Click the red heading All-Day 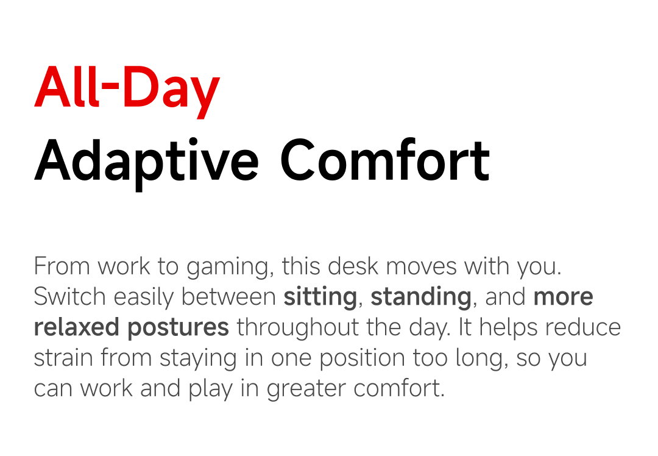point(127,90)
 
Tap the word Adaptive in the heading point(146,163)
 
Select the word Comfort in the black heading point(385,160)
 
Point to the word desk point(353,266)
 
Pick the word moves point(421,267)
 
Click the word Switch point(69,296)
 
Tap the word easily point(144,297)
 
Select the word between point(228,296)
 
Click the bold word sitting point(320,297)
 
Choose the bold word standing point(421,297)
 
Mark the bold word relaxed point(77,327)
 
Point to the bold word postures point(178,329)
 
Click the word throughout point(297,328)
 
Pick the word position point(361,359)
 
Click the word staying point(198,360)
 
